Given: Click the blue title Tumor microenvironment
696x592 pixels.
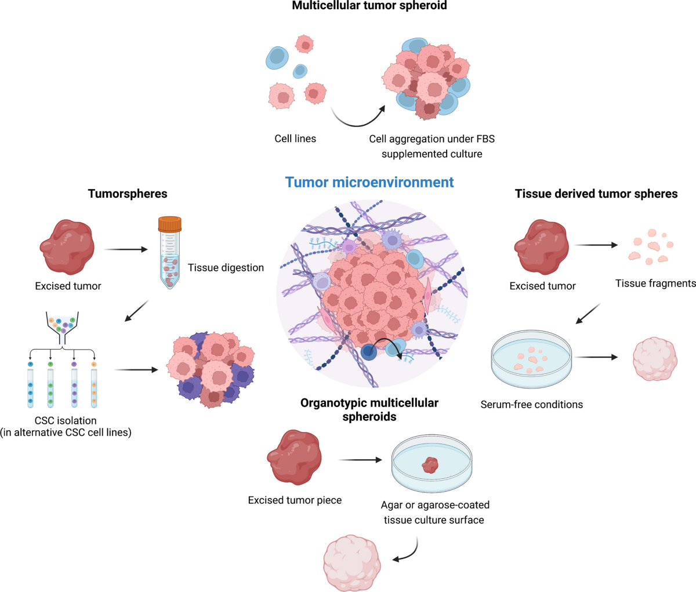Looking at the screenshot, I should pyautogui.click(x=369, y=182).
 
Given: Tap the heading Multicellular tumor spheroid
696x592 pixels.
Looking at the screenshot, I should pyautogui.click(x=369, y=6).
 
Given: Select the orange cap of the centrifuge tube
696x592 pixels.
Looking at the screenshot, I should pyautogui.click(x=170, y=224).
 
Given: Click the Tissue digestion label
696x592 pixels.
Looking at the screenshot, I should pyautogui.click(x=226, y=268).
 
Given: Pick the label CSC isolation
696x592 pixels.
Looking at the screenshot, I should pyautogui.click(x=66, y=420).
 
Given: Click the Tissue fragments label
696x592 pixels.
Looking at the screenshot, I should pyautogui.click(x=655, y=284).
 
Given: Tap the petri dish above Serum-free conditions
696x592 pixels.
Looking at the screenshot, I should pyautogui.click(x=531, y=360).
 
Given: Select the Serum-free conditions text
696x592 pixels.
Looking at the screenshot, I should pyautogui.click(x=531, y=405).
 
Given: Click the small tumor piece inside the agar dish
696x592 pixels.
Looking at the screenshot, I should pyautogui.click(x=430, y=464).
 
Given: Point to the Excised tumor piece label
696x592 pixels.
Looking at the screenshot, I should pyautogui.click(x=295, y=500).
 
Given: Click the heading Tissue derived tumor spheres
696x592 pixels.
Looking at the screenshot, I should pyautogui.click(x=596, y=194).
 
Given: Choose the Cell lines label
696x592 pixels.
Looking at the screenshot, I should pyautogui.click(x=295, y=139).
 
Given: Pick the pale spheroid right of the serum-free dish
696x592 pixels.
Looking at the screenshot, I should pyautogui.click(x=655, y=359).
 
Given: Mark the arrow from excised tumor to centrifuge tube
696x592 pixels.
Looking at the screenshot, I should pyautogui.click(x=126, y=250).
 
